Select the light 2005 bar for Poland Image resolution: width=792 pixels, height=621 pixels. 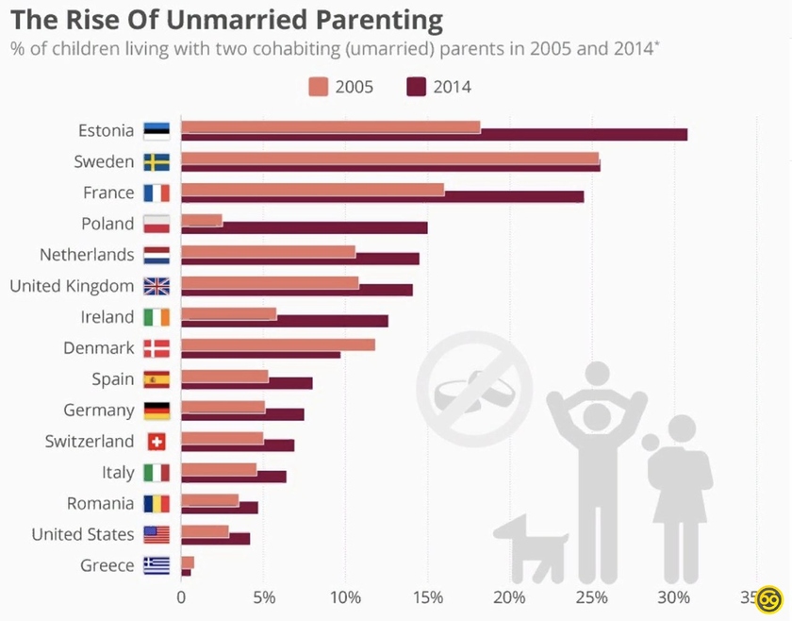[x=202, y=220]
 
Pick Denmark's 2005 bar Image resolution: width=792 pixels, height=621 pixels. [x=277, y=344]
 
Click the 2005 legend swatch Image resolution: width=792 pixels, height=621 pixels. [x=318, y=87]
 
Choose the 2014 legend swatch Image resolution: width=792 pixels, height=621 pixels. [x=417, y=87]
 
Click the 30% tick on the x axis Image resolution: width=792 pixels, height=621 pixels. [x=673, y=596]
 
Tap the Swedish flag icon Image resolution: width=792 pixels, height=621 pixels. [x=157, y=162]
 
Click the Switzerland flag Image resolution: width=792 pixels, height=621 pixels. [x=157, y=442]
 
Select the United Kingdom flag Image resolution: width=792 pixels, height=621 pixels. [x=157, y=286]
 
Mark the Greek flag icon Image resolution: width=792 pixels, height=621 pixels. [x=157, y=565]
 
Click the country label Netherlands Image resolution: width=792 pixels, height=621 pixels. [x=87, y=255]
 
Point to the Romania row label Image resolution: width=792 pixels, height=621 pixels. [x=100, y=503]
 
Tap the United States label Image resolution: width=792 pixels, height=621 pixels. [x=83, y=534]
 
